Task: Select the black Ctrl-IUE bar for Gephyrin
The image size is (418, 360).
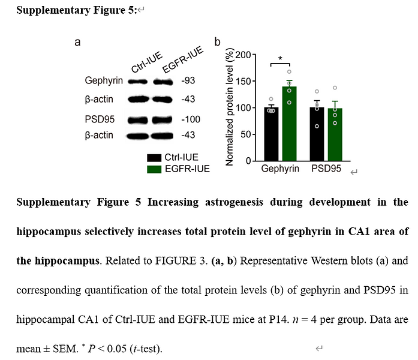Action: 271,134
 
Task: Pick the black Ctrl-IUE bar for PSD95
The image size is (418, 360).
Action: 317,134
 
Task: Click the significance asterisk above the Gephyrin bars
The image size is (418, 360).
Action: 281,59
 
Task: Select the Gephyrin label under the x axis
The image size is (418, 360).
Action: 280,169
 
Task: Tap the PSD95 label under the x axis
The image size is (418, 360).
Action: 326,169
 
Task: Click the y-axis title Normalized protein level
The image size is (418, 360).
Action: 229,108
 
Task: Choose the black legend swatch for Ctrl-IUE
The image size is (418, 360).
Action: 155,158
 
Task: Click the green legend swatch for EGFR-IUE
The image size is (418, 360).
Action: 155,169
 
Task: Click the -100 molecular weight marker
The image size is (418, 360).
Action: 190,119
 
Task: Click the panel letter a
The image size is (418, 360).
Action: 77,42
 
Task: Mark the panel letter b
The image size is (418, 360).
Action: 217,42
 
